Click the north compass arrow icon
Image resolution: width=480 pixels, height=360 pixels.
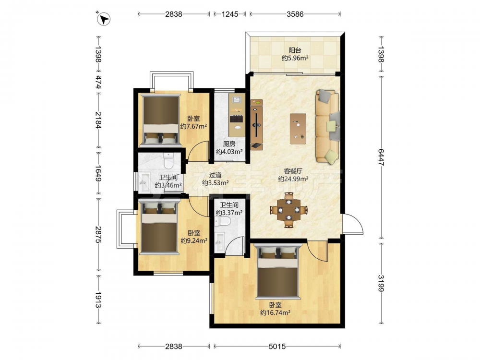pyautogui.click(x=104, y=19)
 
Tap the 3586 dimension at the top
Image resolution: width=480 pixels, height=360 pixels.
pyautogui.click(x=295, y=14)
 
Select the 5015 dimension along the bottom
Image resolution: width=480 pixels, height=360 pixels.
pyautogui.click(x=277, y=346)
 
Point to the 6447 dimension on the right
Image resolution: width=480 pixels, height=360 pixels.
pyautogui.click(x=381, y=157)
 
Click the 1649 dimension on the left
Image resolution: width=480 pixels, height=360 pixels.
pyautogui.click(x=98, y=173)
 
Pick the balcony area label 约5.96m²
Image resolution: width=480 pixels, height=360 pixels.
pyautogui.click(x=295, y=58)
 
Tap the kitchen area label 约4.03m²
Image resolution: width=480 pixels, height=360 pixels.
pyautogui.click(x=229, y=151)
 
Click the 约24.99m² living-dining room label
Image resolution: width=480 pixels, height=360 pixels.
pyautogui.click(x=293, y=179)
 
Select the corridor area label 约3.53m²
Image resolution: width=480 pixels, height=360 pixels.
pyautogui.click(x=216, y=183)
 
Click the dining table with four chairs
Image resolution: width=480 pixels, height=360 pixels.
pyautogui.click(x=288, y=210)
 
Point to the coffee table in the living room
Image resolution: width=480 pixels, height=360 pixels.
pyautogui.click(x=298, y=129)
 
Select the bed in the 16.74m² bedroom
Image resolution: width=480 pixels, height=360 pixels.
pyautogui.click(x=277, y=271)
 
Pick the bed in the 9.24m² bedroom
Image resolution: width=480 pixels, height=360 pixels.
pyautogui.click(x=159, y=227)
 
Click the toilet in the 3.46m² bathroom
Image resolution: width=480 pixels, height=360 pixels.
pyautogui.click(x=168, y=160)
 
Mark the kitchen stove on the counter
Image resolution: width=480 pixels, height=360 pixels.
pyautogui.click(x=237, y=119)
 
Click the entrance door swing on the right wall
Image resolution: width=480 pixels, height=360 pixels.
pyautogui.click(x=352, y=224)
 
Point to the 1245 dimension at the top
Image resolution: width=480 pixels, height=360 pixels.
pyautogui.click(x=229, y=14)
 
